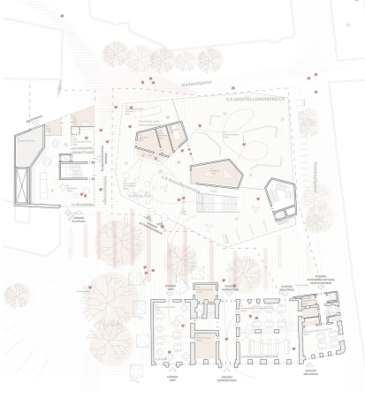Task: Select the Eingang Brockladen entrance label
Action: click(x=79, y=215)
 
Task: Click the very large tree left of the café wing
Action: click(x=110, y=305)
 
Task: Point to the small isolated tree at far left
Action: click(x=17, y=295)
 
